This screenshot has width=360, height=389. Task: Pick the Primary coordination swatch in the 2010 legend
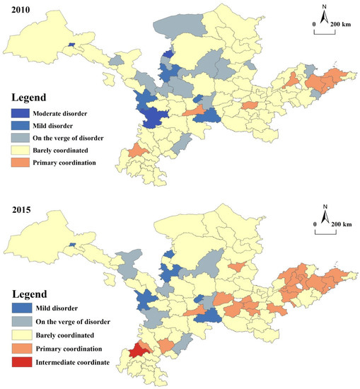click(x=21, y=161)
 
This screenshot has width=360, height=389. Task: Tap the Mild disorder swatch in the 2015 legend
click(x=21, y=309)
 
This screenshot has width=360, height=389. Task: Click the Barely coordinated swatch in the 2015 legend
click(x=21, y=335)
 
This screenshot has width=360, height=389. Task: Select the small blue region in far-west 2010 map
click(x=71, y=45)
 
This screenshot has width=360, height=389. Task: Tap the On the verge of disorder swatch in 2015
click(x=21, y=322)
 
